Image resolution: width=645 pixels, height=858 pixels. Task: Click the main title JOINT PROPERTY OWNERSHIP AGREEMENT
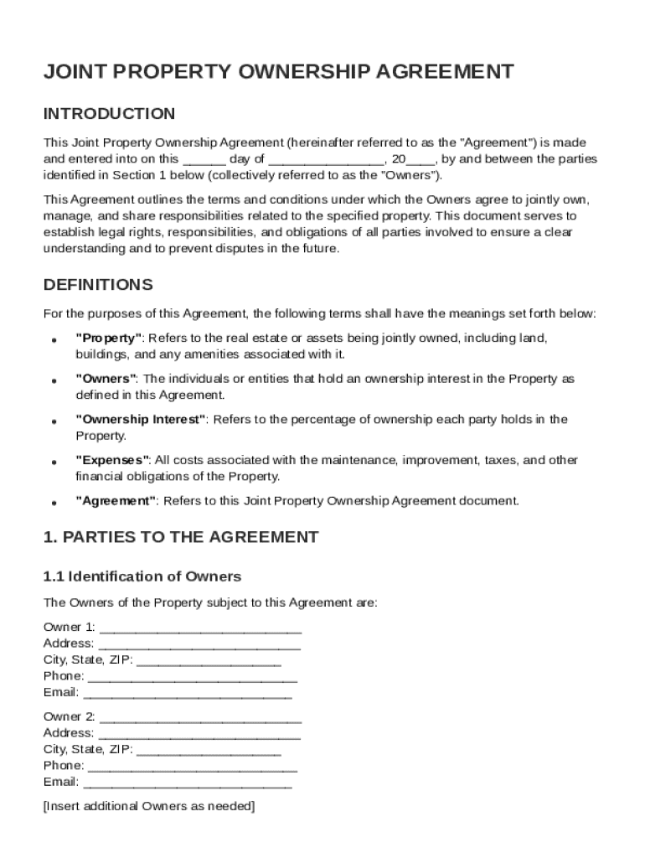pos(278,72)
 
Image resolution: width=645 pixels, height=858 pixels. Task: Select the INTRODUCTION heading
pos(109,114)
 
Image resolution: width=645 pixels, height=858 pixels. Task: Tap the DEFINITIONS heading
pos(98,285)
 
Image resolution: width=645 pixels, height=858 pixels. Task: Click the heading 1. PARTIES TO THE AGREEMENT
pos(181,537)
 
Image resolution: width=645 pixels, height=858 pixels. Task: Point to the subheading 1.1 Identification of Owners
pos(142,576)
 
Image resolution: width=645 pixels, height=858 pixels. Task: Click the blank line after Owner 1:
pos(200,628)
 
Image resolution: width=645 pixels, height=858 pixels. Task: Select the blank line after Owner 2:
pos(200,718)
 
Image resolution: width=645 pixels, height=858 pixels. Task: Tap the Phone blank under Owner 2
pos(192,767)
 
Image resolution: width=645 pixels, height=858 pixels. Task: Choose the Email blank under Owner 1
pos(188,694)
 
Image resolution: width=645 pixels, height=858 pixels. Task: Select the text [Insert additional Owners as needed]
pos(149,806)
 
